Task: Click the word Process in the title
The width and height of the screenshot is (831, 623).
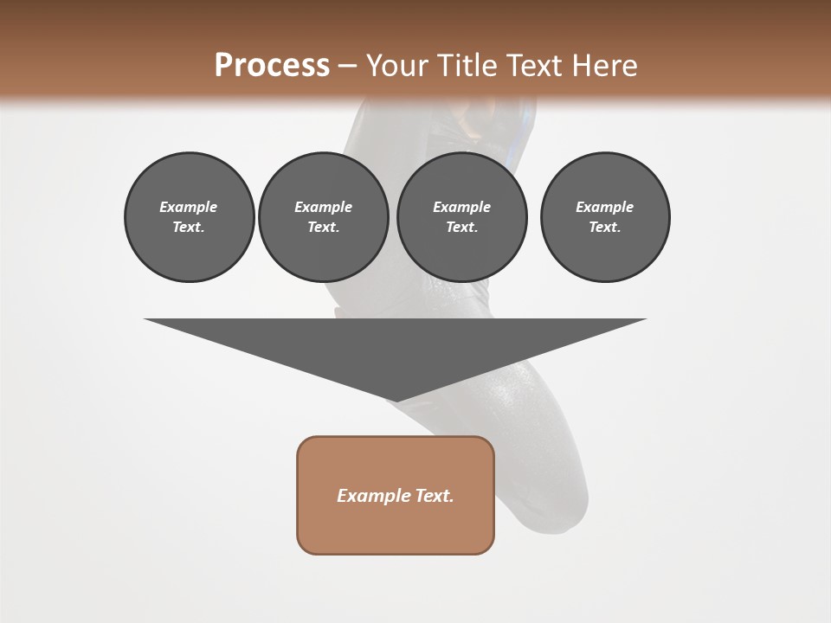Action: coord(272,66)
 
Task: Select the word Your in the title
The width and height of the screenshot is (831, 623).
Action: coord(394,66)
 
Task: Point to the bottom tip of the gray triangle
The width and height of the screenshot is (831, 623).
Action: coord(396,401)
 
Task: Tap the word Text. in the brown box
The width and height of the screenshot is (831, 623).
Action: coord(434,496)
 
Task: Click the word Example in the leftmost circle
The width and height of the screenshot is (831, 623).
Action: coord(189,207)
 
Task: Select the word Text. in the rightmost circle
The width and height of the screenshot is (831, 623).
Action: coord(605,228)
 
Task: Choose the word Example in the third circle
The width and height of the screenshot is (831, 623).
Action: coord(461,207)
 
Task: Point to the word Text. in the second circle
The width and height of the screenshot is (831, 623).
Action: coord(323,228)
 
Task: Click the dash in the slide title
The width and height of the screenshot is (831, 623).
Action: coord(348,67)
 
